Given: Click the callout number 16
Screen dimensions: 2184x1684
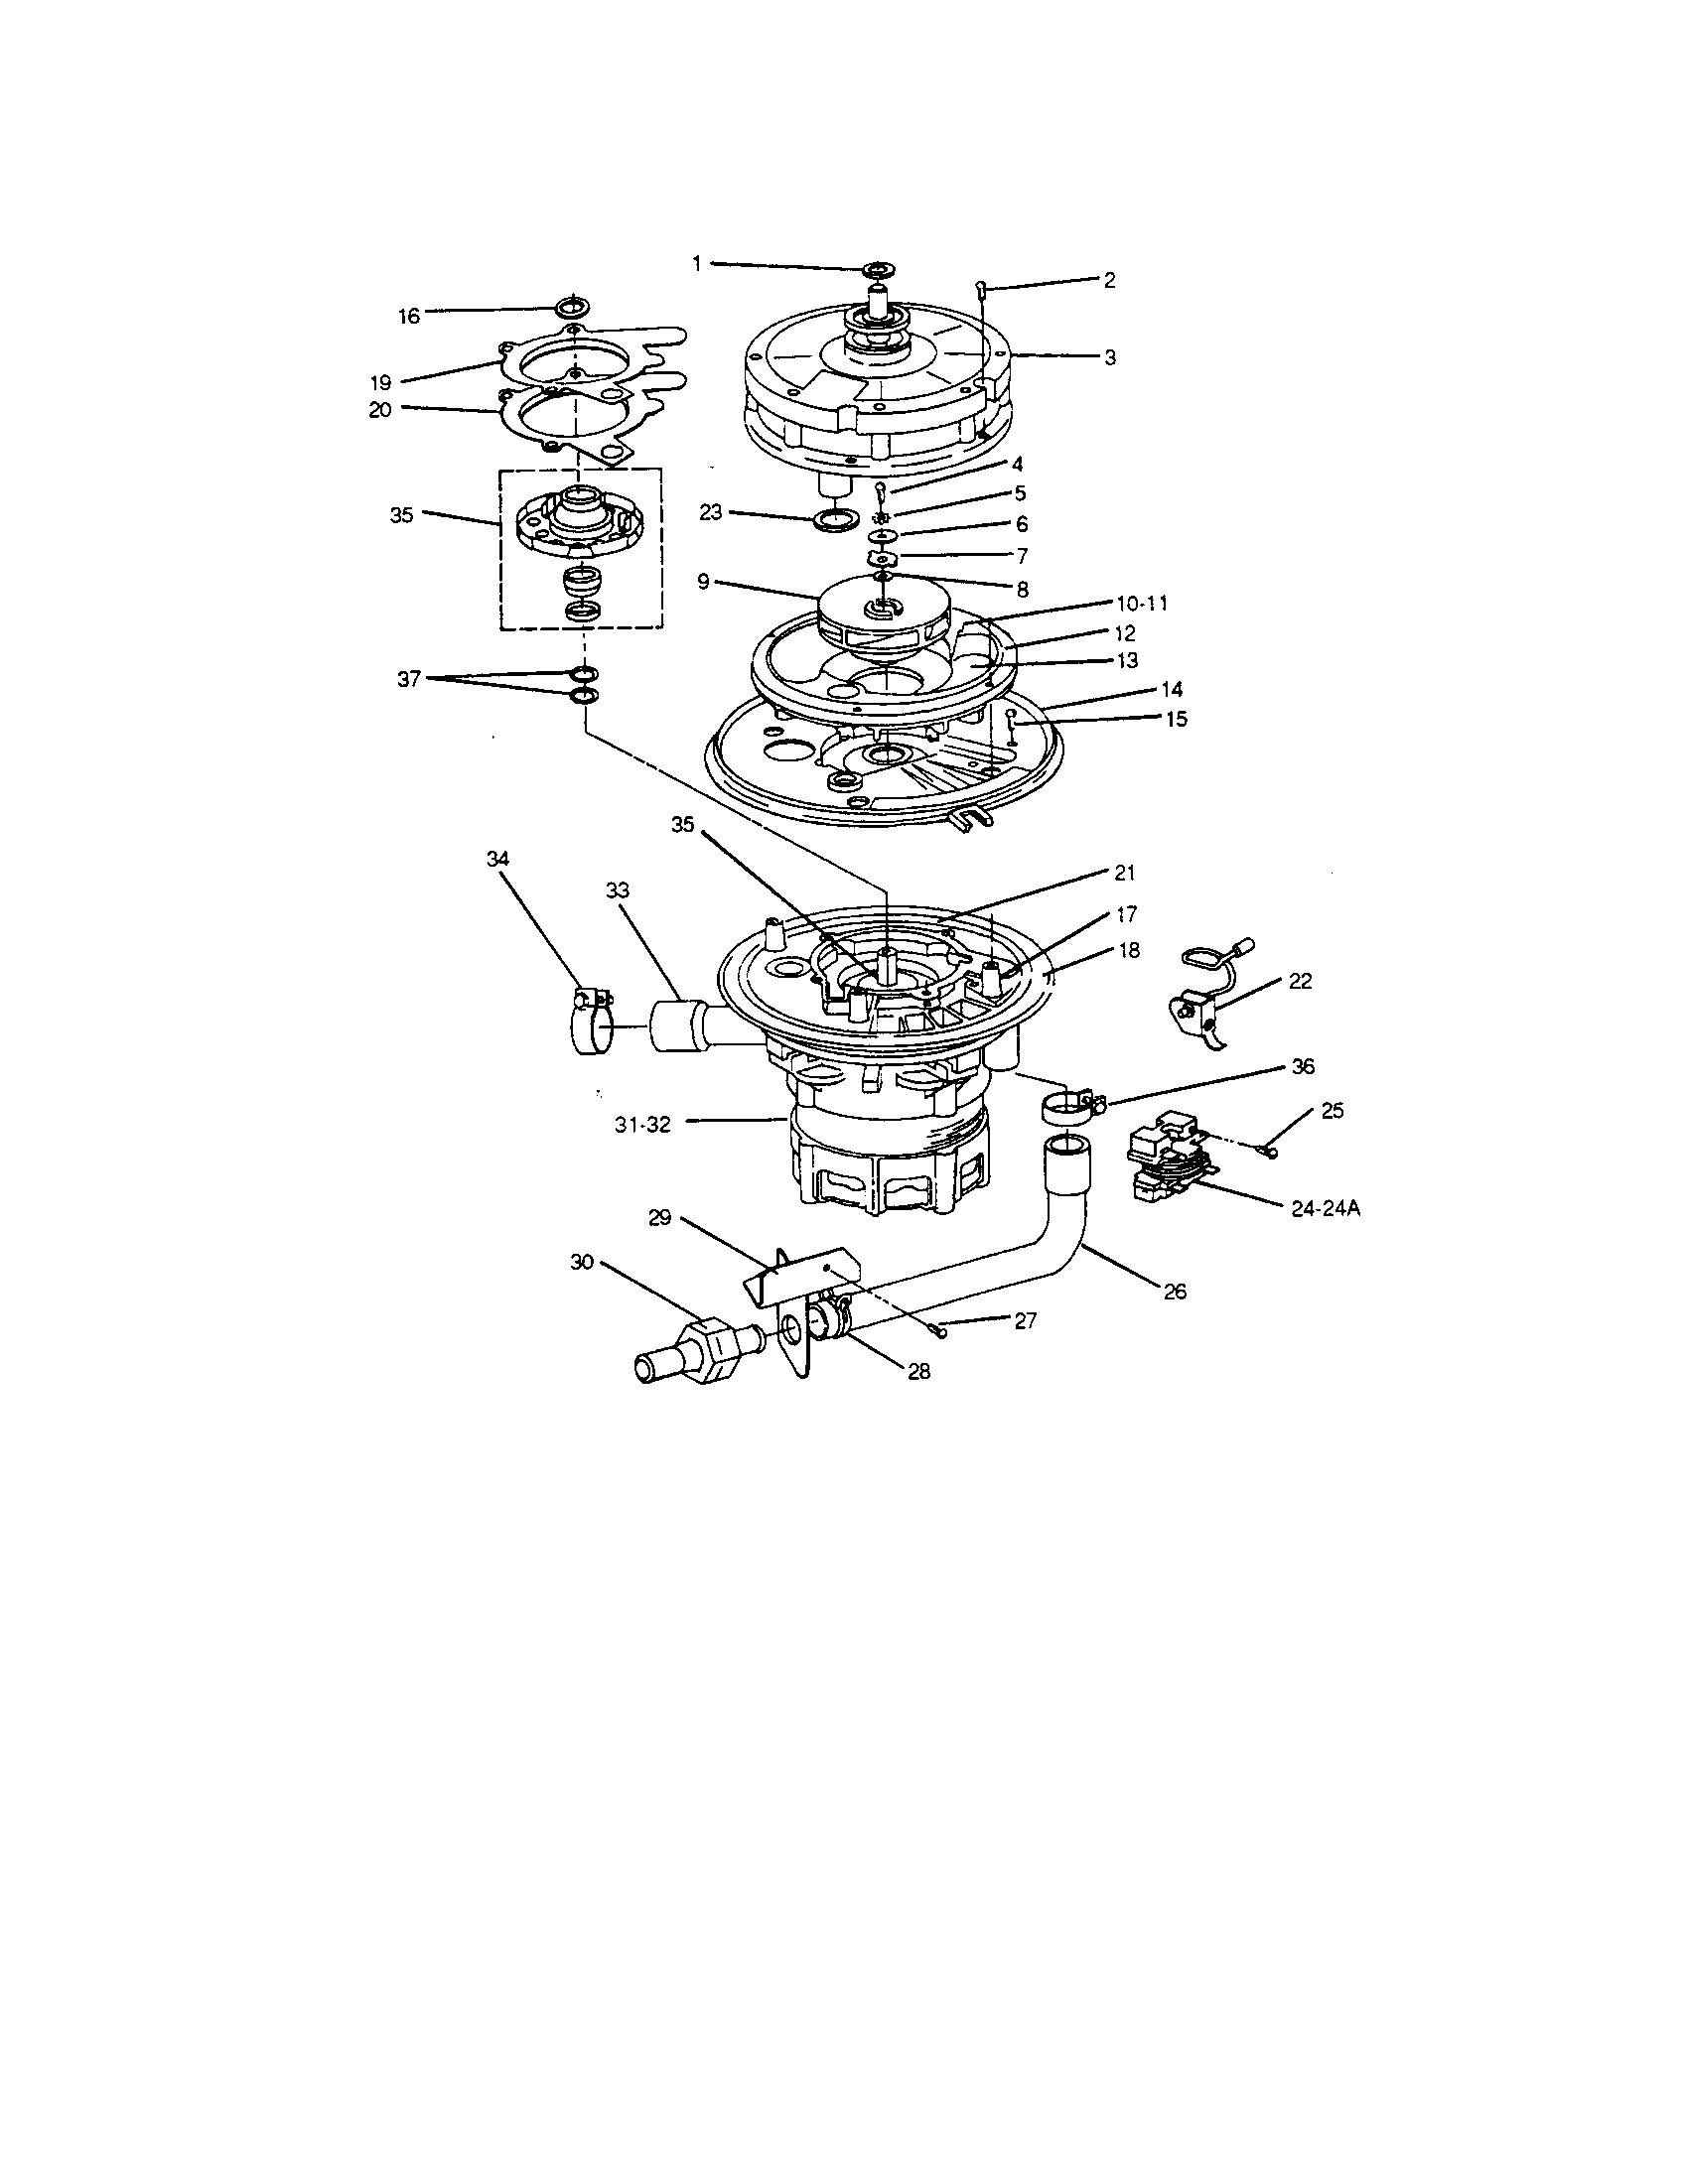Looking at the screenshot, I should pyautogui.click(x=408, y=316).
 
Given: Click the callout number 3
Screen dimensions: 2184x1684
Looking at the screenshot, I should pyautogui.click(x=1109, y=357).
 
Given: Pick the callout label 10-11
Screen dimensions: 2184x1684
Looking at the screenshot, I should pyautogui.click(x=1141, y=603).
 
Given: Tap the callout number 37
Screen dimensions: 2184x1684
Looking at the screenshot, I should pyautogui.click(x=408, y=679).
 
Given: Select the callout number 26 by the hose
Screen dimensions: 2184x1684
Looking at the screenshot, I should pyautogui.click(x=1174, y=1291).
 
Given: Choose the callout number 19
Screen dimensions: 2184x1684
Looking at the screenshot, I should pyautogui.click(x=380, y=381).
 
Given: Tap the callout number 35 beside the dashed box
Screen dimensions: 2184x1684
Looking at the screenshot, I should pyautogui.click(x=401, y=516).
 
